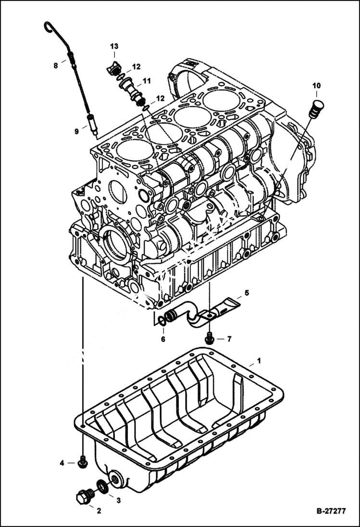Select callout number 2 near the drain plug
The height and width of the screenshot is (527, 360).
pyautogui.click(x=99, y=511)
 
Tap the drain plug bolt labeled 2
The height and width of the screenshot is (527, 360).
pyautogui.click(x=85, y=496)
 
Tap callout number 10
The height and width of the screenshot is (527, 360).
pyautogui.click(x=316, y=86)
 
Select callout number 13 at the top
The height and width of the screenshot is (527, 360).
pyautogui.click(x=114, y=46)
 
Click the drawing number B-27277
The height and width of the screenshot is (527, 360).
pyautogui.click(x=331, y=511)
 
